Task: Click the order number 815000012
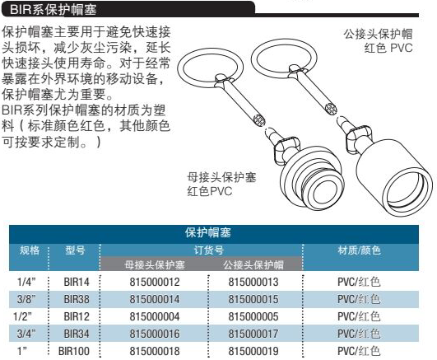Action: coord(155,282)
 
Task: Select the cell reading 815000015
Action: coord(253,299)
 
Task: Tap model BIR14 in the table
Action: coord(77,282)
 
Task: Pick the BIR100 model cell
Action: coord(74,351)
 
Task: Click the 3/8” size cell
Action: coord(26,299)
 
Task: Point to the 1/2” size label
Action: coord(22,316)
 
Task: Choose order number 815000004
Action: coord(155,316)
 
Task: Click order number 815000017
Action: coord(253,334)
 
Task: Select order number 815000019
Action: coord(253,351)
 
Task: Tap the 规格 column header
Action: coord(30,250)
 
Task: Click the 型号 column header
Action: coord(75,250)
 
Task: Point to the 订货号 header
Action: coord(209,250)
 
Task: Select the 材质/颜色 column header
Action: coord(359,250)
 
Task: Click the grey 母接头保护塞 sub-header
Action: coord(155,264)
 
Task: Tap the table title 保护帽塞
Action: coord(208,232)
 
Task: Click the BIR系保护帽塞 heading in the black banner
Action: coord(53,10)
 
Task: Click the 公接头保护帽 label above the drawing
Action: coord(378,34)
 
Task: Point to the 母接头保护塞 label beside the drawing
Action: coord(221,177)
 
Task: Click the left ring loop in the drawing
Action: coord(179,70)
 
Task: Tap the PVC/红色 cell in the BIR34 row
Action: coord(359,334)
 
